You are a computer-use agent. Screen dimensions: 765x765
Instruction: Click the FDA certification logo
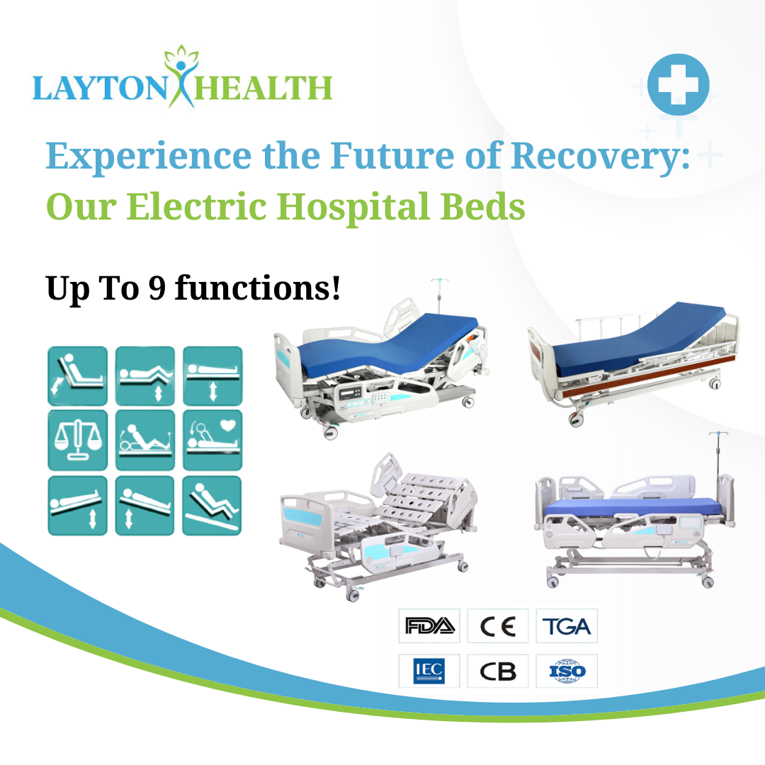(430, 626)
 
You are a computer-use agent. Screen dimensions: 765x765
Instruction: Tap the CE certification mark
(498, 626)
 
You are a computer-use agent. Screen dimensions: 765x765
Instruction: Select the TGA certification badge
(567, 626)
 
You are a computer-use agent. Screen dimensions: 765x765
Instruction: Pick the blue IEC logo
(429, 671)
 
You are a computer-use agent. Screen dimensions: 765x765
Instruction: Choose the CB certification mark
(498, 671)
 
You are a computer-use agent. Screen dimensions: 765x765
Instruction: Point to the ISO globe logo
(567, 671)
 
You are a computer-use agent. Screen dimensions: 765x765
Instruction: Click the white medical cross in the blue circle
(678, 84)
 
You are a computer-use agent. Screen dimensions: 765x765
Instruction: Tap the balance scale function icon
(78, 440)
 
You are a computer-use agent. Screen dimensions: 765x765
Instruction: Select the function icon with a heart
(212, 440)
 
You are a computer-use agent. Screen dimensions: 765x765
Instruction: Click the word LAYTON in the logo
(100, 89)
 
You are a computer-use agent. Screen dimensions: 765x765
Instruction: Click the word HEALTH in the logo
(263, 89)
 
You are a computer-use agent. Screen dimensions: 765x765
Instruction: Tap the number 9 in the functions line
(157, 288)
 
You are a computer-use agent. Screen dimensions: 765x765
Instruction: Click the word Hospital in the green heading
(353, 208)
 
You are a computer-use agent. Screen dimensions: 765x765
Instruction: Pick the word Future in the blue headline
(392, 156)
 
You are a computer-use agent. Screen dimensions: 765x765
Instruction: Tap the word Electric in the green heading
(196, 206)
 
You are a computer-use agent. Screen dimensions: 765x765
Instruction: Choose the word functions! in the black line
(258, 287)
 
